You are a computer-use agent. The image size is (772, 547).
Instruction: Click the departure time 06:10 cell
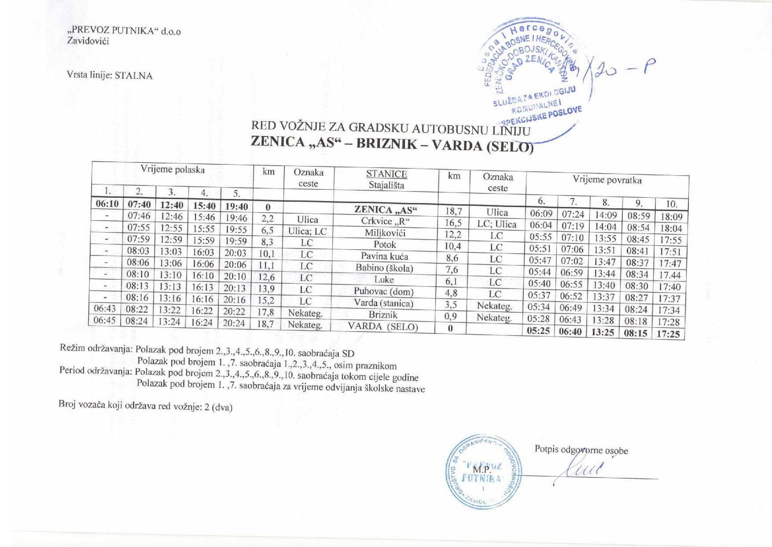tap(107, 204)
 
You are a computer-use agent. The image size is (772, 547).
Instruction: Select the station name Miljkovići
tap(385, 233)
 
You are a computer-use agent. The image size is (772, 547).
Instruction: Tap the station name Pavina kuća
tap(384, 256)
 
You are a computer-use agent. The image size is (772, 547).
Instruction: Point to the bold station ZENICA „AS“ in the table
tap(386, 210)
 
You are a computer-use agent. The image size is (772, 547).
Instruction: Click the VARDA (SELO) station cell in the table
tap(382, 326)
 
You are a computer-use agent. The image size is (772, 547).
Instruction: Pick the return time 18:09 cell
tap(671, 217)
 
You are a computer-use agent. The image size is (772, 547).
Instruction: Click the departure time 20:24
tap(234, 323)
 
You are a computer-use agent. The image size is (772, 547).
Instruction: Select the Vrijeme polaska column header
tap(173, 170)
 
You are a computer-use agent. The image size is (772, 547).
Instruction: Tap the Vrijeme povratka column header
tap(607, 180)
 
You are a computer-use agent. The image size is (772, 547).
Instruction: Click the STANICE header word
tap(386, 174)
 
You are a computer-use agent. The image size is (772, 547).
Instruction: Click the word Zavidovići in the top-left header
tap(88, 41)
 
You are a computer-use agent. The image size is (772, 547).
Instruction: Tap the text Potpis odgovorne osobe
tap(581, 450)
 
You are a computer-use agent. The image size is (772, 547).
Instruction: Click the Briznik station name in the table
tap(383, 314)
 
